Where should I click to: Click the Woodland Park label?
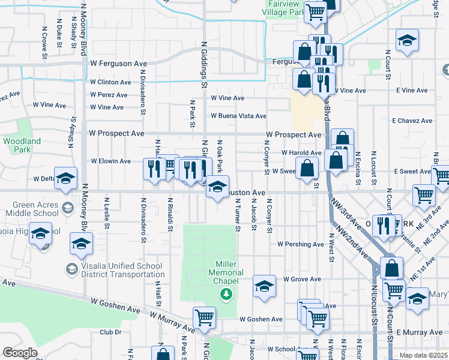22,146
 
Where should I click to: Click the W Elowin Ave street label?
110,161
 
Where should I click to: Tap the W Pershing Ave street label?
301,244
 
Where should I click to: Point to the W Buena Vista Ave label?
238,116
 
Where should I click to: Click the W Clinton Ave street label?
110,82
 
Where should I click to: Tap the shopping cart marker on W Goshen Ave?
204,318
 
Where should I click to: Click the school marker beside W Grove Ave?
264,287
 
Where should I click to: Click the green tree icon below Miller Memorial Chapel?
226,294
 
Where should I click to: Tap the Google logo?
20,353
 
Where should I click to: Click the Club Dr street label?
110,332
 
